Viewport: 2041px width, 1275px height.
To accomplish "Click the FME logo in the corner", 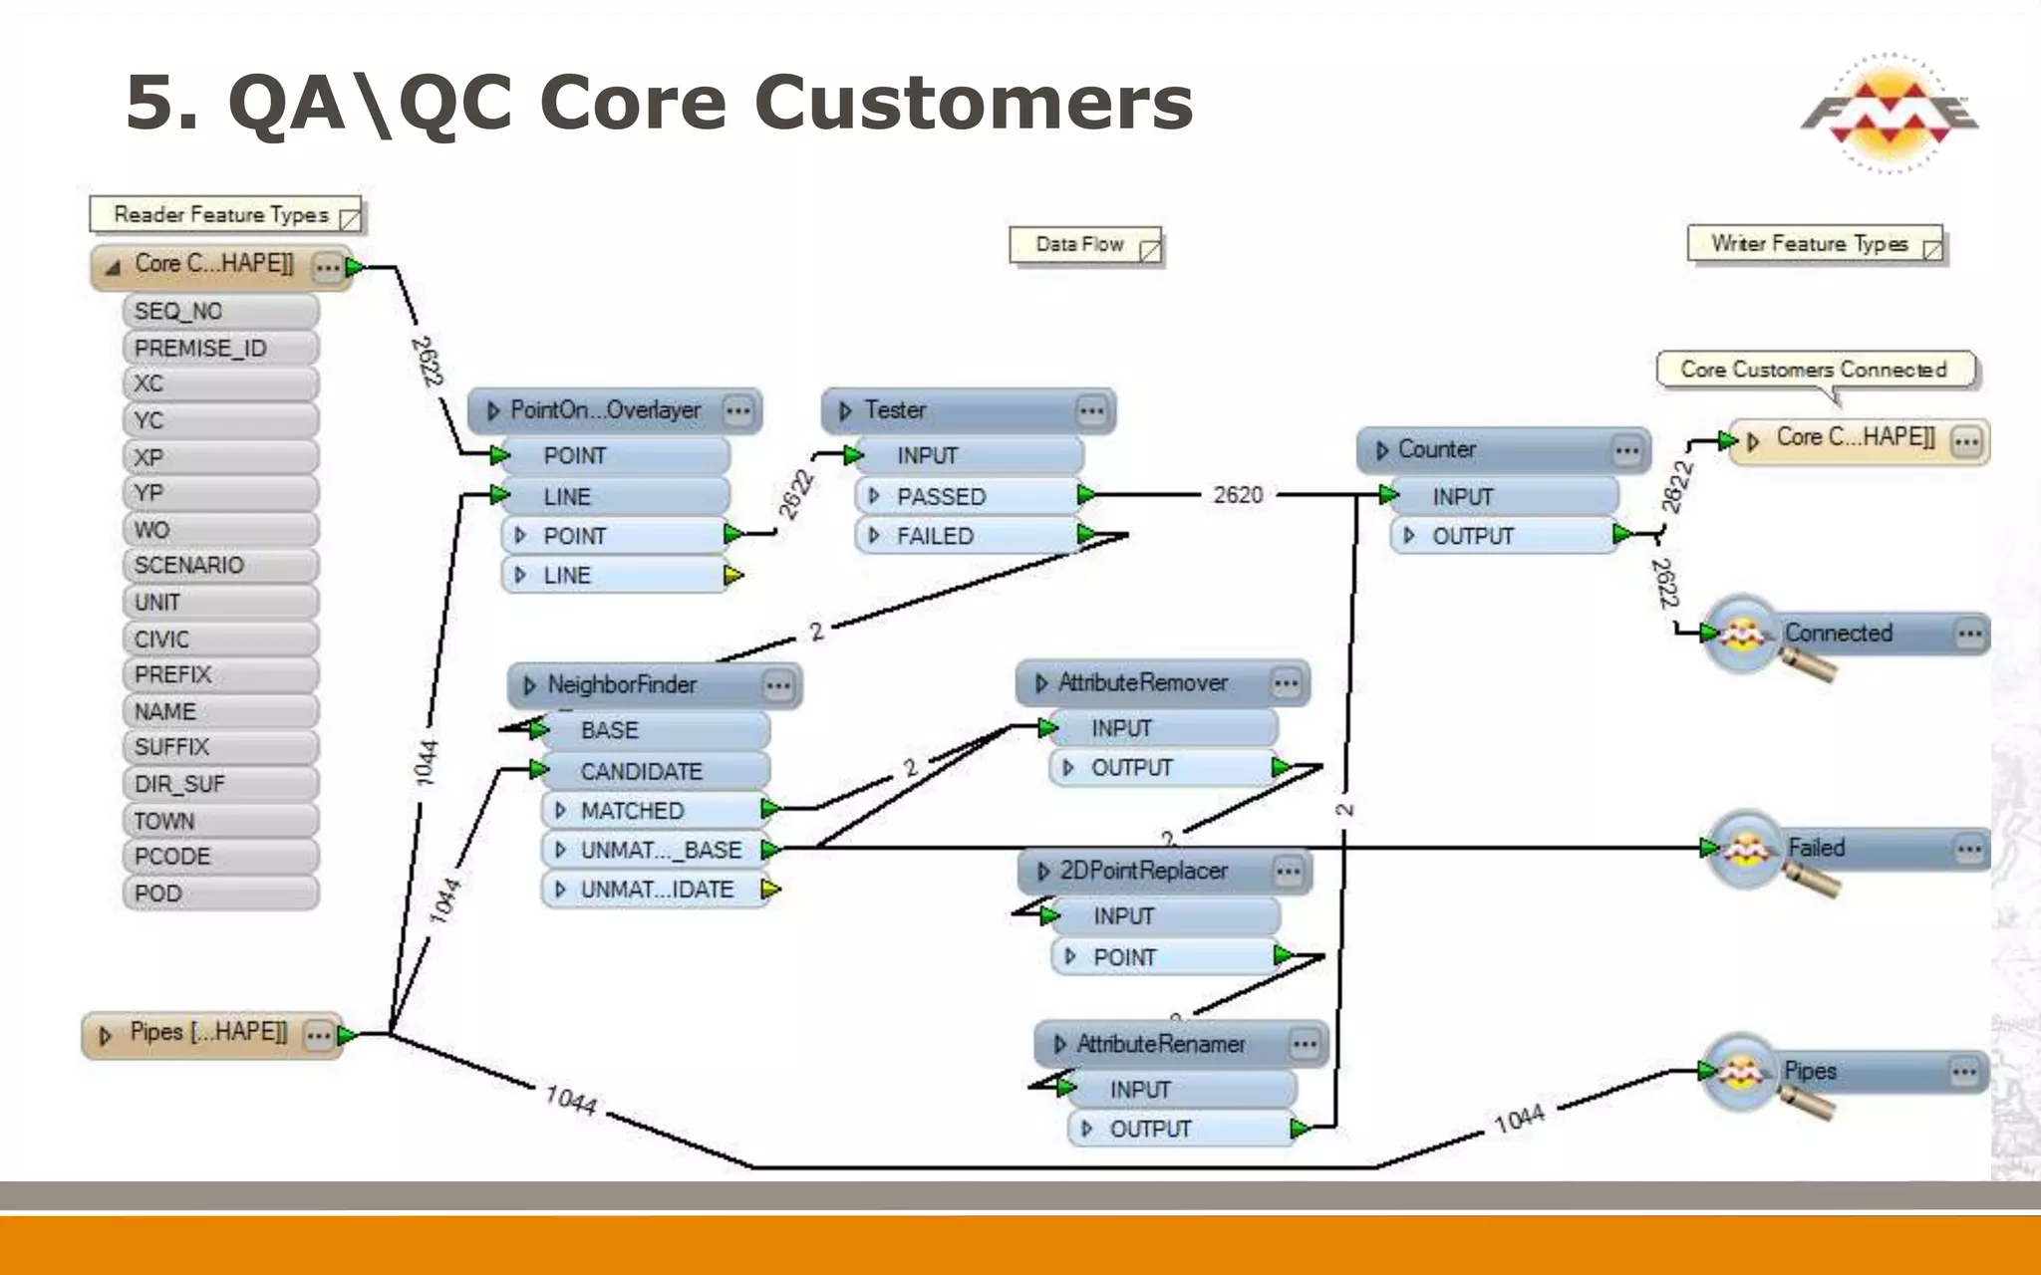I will (1889, 113).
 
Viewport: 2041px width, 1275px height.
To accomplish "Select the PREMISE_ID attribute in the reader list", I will (219, 349).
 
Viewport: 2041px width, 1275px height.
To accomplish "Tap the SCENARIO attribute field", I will (219, 566).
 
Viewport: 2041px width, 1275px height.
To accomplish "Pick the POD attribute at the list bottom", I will (219, 893).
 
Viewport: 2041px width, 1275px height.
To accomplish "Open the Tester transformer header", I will (957, 410).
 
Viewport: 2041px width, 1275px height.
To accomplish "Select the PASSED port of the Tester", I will (967, 496).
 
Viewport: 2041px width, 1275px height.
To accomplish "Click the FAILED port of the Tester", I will (967, 536).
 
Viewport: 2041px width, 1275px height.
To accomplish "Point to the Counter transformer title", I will (1437, 450).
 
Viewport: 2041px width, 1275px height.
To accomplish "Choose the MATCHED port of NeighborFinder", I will (653, 811).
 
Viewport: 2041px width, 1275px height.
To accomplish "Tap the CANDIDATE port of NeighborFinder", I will (653, 771).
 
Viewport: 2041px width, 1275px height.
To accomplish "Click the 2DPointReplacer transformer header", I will (1143, 872).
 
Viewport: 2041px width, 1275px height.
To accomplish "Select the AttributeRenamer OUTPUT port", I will (1181, 1129).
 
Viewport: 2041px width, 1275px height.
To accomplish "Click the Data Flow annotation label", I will (1080, 245).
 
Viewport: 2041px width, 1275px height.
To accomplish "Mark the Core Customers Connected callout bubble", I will (1814, 370).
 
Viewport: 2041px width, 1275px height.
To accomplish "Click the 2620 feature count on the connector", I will (1238, 495).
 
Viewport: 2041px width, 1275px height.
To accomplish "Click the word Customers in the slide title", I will (973, 104).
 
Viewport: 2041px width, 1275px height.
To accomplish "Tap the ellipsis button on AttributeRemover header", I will (1286, 683).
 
